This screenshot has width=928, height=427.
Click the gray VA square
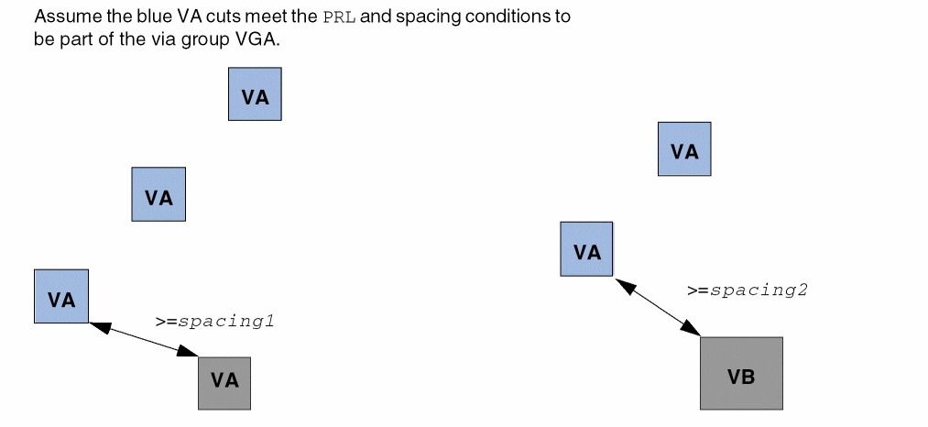224,382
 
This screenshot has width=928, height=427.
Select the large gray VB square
741,373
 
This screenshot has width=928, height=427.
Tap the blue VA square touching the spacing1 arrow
61,296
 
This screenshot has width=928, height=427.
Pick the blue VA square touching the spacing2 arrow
586,248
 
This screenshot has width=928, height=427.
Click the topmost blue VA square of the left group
255,93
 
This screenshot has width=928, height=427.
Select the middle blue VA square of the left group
158,194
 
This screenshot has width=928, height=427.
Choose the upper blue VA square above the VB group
684,148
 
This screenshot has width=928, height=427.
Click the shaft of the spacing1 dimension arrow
144,338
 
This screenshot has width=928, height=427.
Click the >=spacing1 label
214,322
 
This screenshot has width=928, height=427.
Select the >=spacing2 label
748,290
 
